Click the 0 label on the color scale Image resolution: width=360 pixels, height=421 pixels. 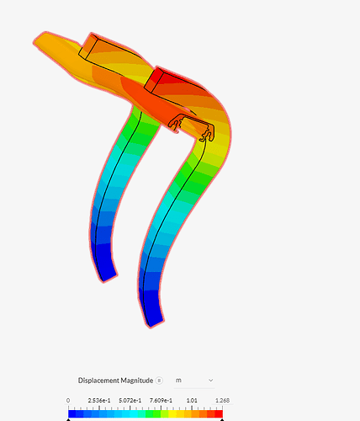click(68, 400)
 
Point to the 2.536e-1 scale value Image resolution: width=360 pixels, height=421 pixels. click(99, 400)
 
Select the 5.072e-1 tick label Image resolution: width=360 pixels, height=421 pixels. click(130, 400)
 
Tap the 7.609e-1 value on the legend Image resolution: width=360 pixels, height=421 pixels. click(161, 400)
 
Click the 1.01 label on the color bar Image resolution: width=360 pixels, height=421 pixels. click(192, 400)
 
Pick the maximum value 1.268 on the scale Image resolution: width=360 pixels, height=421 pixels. click(222, 400)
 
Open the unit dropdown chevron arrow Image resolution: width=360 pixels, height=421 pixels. click(211, 381)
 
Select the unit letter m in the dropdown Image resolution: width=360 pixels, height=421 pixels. click(178, 381)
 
